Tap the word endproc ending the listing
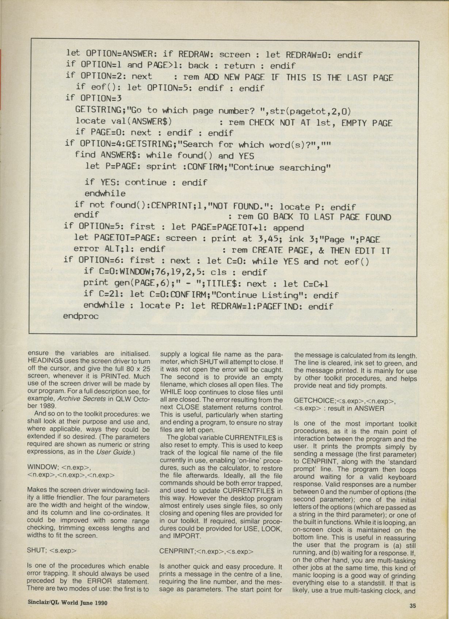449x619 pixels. coord(81,316)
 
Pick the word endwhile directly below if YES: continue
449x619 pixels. coord(105,193)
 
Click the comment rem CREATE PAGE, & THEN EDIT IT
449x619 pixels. coord(306,250)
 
